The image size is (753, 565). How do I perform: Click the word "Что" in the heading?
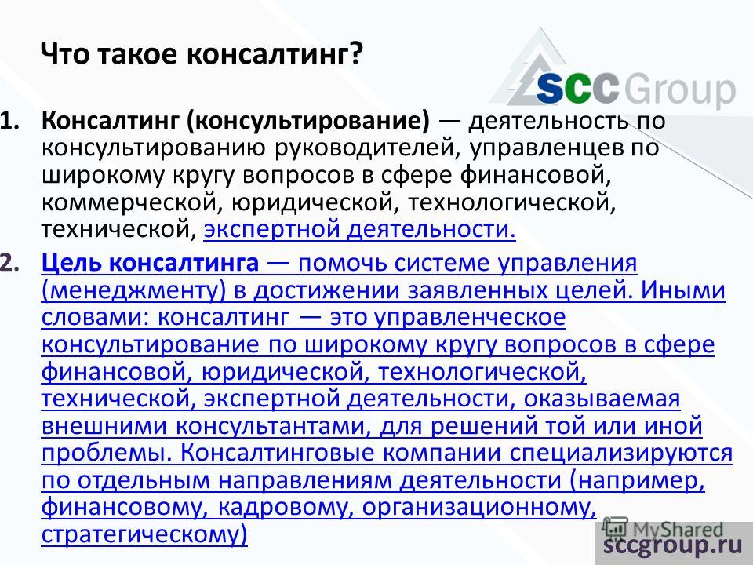(x=65, y=54)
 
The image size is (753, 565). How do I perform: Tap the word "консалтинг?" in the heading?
(x=274, y=55)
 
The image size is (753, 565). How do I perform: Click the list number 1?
(x=10, y=121)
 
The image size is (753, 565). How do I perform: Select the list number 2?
(x=10, y=264)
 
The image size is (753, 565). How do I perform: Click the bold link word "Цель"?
(x=71, y=264)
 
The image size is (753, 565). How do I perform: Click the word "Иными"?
(x=682, y=290)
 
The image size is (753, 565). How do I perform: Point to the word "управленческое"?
(x=470, y=318)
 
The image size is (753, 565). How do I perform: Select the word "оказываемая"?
(x=602, y=399)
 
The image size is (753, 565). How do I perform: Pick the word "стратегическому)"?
(x=144, y=534)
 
